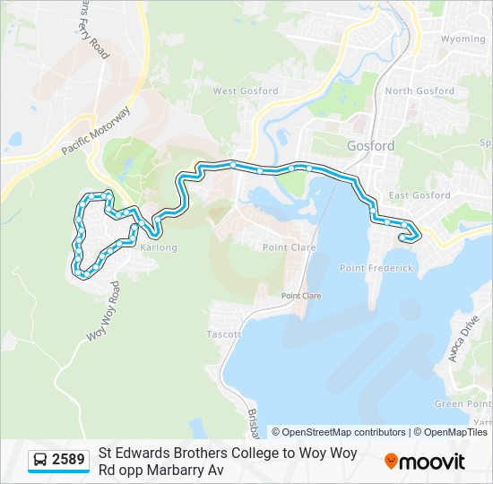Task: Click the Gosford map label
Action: [369, 145]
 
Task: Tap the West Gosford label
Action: [245, 91]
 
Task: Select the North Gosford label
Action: [419, 91]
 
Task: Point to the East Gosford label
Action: [419, 195]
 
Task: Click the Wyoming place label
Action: [463, 39]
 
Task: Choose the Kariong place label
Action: [160, 247]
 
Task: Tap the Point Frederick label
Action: [376, 268]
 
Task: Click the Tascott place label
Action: [224, 334]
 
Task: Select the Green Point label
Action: [459, 404]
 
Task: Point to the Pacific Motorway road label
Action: [96, 132]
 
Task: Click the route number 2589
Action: [68, 461]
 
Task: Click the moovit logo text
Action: [433, 462]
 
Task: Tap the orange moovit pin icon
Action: [391, 462]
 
